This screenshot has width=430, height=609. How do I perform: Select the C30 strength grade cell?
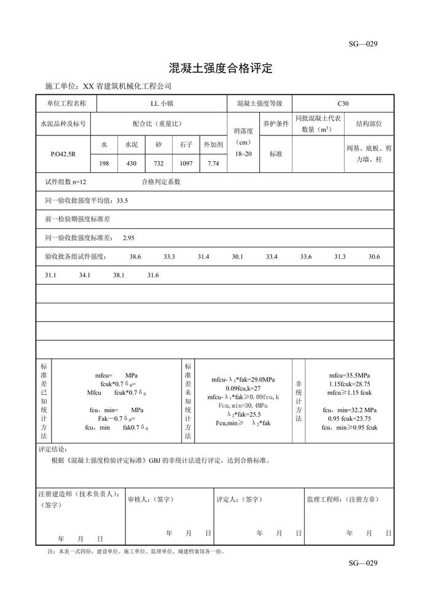click(x=343, y=104)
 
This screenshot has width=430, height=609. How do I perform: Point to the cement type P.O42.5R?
click(x=63, y=154)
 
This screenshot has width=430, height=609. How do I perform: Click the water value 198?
click(x=104, y=163)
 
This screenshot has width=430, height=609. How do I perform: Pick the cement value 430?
click(x=131, y=163)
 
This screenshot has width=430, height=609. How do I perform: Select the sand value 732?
click(x=158, y=163)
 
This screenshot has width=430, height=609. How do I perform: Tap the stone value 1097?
click(x=186, y=163)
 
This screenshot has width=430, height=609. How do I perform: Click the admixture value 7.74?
click(x=213, y=163)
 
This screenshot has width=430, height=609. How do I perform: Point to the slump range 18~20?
click(x=243, y=153)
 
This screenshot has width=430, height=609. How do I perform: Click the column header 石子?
click(x=186, y=145)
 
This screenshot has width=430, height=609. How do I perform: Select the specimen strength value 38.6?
click(x=135, y=257)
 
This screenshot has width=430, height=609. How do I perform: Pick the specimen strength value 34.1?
click(x=85, y=275)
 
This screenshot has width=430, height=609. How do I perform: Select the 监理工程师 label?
click(x=342, y=500)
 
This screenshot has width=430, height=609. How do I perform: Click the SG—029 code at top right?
click(x=362, y=43)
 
